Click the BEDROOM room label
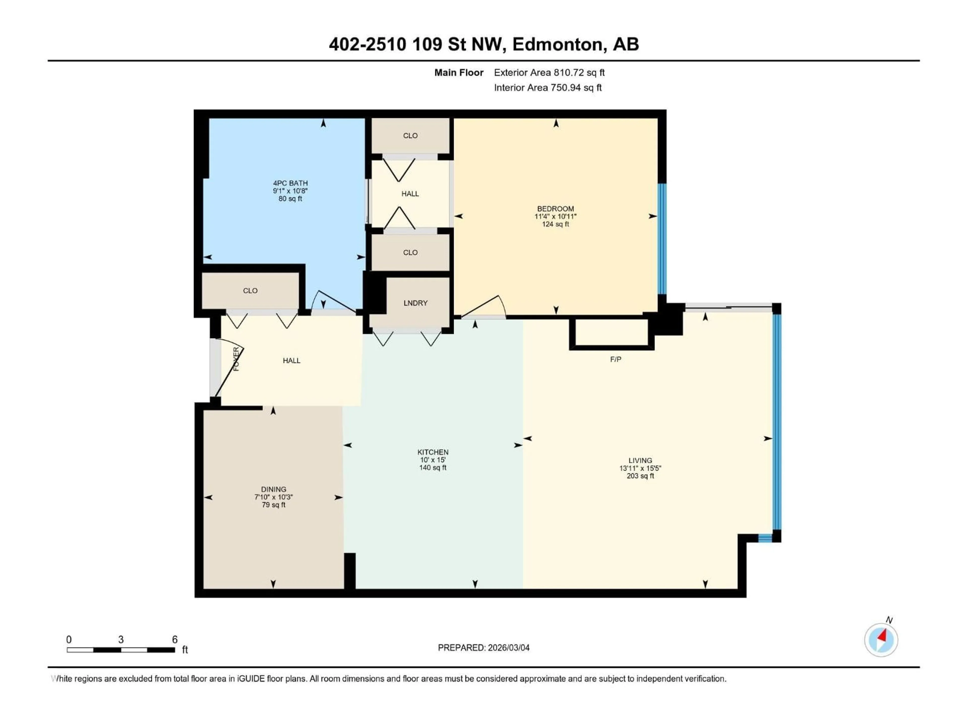pyautogui.click(x=555, y=209)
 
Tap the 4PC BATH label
pyautogui.click(x=290, y=183)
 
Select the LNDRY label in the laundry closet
pyautogui.click(x=415, y=303)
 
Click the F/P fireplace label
pyautogui.click(x=615, y=359)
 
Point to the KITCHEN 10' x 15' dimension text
pyautogui.click(x=432, y=460)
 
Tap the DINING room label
pyautogui.click(x=274, y=489)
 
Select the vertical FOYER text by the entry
pyautogui.click(x=236, y=359)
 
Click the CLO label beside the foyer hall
pyautogui.click(x=250, y=291)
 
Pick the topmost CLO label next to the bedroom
pyautogui.click(x=410, y=136)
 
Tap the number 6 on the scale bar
pyautogui.click(x=175, y=639)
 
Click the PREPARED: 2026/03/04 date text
pyautogui.click(x=483, y=648)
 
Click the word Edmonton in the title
pyautogui.click(x=559, y=44)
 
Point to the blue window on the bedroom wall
pyautogui.click(x=662, y=238)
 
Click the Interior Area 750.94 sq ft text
pyautogui.click(x=548, y=87)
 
